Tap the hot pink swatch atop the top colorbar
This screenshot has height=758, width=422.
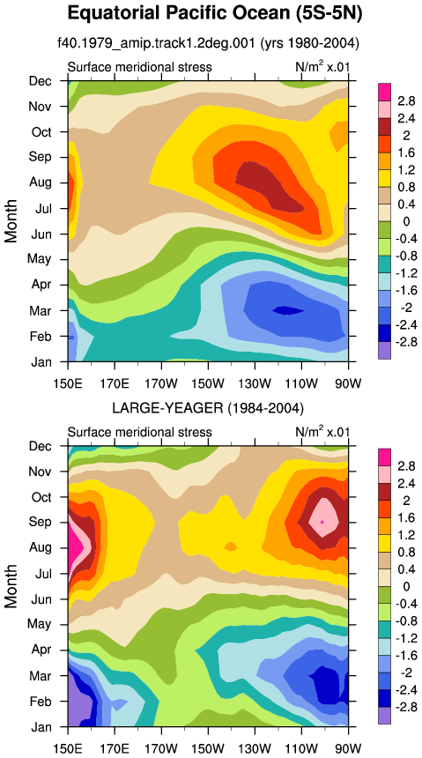tap(384, 92)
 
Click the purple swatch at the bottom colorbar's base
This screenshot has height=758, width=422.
tap(384, 716)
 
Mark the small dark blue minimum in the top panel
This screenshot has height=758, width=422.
tap(288, 310)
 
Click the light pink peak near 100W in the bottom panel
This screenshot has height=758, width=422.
tap(322, 522)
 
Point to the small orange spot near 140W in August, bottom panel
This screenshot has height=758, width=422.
tap(231, 546)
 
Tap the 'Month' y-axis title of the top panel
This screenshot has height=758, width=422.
tap(11, 220)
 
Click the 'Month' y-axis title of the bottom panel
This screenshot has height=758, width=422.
tap(11, 586)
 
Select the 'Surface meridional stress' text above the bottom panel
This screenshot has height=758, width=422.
tap(140, 432)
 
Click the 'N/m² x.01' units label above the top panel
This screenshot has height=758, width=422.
tap(322, 66)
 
